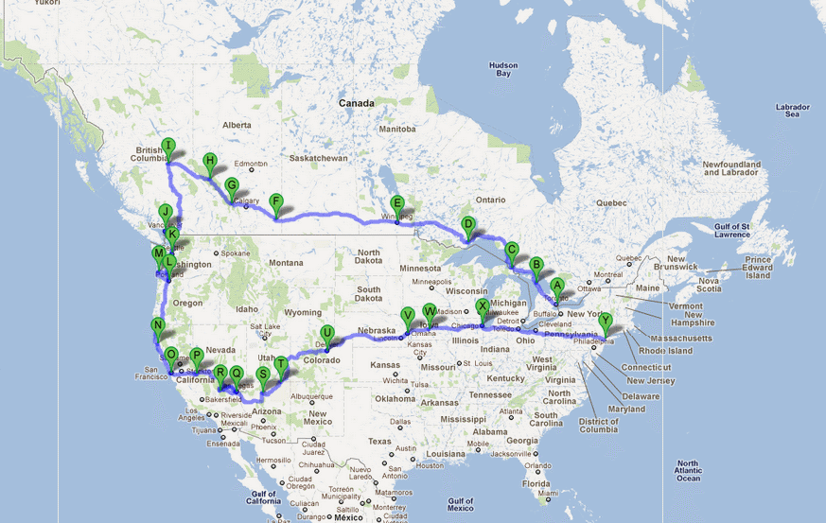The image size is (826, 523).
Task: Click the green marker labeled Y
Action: coord(606,321)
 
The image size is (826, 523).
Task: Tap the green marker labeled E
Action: coord(397,203)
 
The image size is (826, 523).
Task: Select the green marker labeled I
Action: coord(167,146)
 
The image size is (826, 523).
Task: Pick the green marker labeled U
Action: coord(326,333)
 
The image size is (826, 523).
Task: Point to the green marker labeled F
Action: coord(275,201)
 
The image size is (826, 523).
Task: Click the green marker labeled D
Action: coord(467,224)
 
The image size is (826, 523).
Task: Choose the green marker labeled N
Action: coord(158,325)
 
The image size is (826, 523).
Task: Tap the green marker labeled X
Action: coord(483,306)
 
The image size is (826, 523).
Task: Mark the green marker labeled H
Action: coord(210,161)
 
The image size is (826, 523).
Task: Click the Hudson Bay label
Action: coord(503,69)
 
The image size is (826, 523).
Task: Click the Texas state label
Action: coord(379,442)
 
